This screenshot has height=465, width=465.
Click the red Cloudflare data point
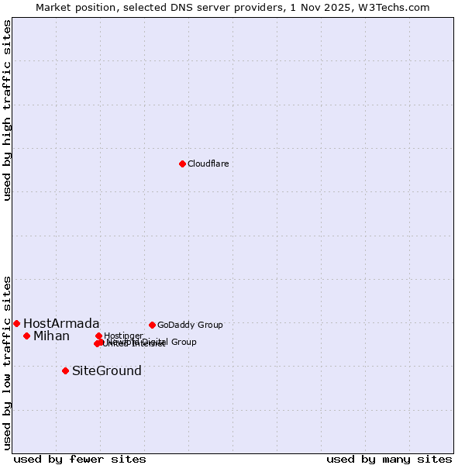click(182, 164)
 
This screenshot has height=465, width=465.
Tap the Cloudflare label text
click(208, 164)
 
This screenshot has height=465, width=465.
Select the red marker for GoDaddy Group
click(152, 325)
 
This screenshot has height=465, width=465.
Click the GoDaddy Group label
click(190, 325)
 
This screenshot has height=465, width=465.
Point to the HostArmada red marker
click(16, 323)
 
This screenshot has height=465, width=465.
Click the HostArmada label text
click(61, 323)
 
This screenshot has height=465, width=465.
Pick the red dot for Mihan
click(26, 336)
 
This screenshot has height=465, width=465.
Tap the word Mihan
click(51, 336)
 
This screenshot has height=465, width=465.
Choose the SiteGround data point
click(65, 370)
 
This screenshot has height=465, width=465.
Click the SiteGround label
click(107, 370)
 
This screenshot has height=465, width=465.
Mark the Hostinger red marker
click(98, 336)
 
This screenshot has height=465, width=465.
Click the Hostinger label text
click(123, 336)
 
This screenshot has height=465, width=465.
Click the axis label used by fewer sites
click(80, 459)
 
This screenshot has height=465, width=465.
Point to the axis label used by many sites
click(389, 459)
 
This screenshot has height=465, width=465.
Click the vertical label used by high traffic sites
click(7, 110)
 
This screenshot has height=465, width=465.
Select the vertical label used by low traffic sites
click(7, 362)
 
